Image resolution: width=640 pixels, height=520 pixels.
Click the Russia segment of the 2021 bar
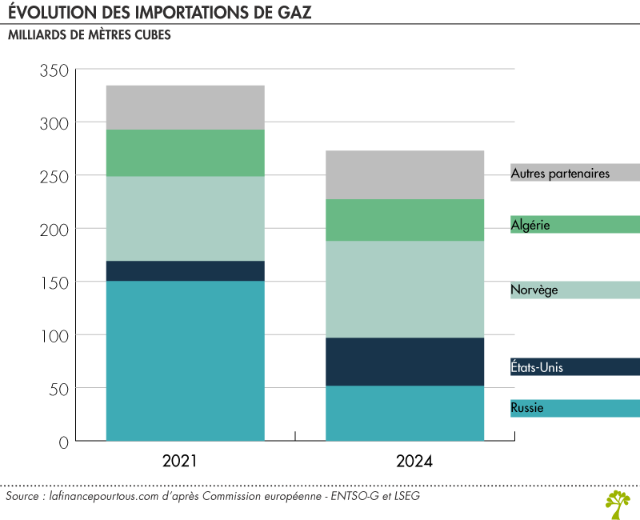[186, 360]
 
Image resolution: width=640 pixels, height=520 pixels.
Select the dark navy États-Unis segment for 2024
[404, 362]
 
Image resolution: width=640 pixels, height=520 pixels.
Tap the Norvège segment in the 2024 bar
[404, 289]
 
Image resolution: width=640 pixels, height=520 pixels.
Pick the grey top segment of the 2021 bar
[186, 107]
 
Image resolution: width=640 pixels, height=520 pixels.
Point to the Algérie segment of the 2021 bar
[186, 153]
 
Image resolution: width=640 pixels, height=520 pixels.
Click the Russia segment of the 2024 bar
[404, 413]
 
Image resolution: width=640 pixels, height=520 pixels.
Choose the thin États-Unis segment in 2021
[186, 270]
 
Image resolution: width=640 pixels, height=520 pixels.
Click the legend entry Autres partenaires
[560, 173]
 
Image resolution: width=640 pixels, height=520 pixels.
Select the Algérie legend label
[530, 225]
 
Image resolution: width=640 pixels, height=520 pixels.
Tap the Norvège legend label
[534, 290]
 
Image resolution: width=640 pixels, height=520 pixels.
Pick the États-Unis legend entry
[537, 367]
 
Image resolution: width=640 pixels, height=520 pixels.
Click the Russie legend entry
[527, 408]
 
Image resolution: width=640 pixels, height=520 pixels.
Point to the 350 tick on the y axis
[54, 70]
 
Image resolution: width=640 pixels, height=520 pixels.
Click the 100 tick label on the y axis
[54, 335]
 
